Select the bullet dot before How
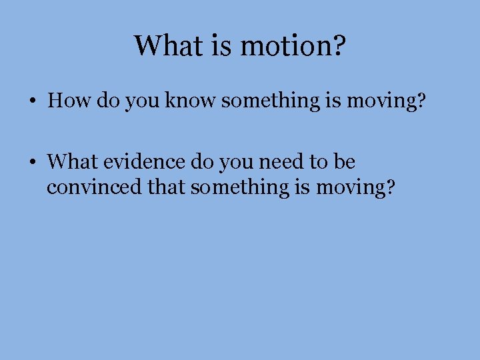33,101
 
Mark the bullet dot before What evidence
33,162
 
